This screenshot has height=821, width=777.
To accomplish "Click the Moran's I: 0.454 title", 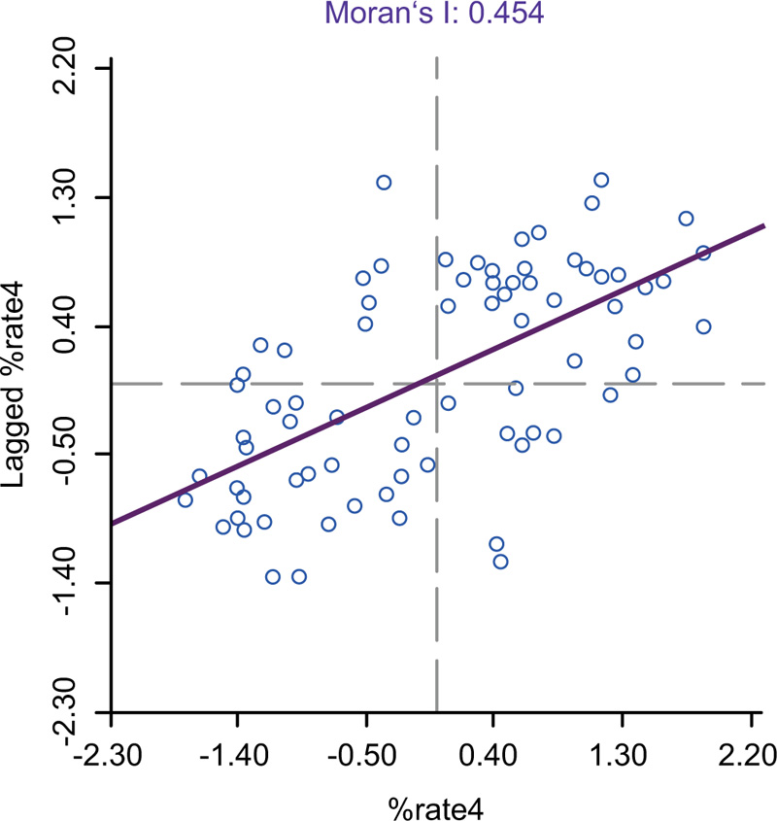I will [x=436, y=14].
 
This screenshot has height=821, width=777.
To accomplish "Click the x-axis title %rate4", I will [x=436, y=806].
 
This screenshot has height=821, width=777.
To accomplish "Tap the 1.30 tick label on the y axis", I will [x=74, y=197].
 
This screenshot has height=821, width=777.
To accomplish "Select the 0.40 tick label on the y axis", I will [x=74, y=326].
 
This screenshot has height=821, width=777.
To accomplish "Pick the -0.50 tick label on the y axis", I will [x=74, y=455].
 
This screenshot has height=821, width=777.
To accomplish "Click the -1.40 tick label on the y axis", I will [x=74, y=583].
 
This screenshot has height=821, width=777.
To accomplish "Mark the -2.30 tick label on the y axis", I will [x=74, y=712].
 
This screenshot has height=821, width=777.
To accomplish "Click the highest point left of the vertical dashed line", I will [x=384, y=183].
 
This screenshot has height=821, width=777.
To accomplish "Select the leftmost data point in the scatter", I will [x=186, y=499].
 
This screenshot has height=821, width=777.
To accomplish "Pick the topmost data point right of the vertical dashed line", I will [x=601, y=180].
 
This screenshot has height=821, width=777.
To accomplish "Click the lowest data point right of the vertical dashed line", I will [x=500, y=562].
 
